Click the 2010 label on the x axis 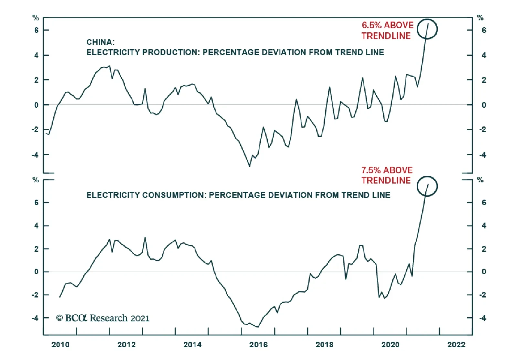click(x=60, y=345)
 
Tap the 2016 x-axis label click(x=258, y=345)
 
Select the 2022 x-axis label click(x=456, y=345)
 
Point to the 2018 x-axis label click(x=324, y=345)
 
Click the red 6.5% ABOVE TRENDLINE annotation click(x=387, y=30)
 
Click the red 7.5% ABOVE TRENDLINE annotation click(x=387, y=175)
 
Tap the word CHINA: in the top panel click(x=100, y=42)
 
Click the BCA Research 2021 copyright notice click(x=103, y=318)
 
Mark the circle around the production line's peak click(x=427, y=29)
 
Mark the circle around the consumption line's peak click(x=427, y=186)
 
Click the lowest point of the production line click(x=249, y=166)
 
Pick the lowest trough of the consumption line click(x=258, y=327)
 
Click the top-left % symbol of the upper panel click(x=36, y=18)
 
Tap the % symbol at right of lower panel click(x=480, y=180)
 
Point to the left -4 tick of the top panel click(x=35, y=155)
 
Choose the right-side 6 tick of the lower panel click(x=484, y=202)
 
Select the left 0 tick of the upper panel click(x=36, y=105)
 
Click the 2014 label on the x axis click(x=192, y=345)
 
